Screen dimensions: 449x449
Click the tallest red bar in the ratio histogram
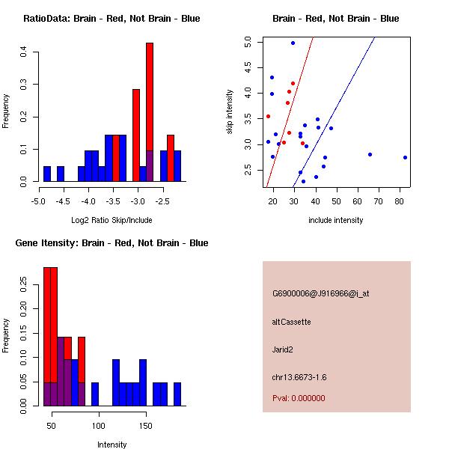(x=150, y=97)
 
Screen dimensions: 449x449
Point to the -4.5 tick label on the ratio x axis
(x=64, y=201)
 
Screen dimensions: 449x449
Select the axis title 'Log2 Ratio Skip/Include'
(x=111, y=220)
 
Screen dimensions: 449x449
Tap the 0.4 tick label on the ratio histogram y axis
(x=25, y=52)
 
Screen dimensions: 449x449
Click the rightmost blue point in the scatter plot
(x=405, y=157)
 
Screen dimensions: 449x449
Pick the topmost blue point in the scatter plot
(x=293, y=43)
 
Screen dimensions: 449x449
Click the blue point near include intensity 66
(x=370, y=154)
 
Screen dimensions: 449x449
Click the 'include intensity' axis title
(x=335, y=220)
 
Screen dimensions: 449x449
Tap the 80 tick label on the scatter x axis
(x=400, y=201)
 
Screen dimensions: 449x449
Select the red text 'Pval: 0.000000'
(x=299, y=398)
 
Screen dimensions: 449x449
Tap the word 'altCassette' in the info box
(x=291, y=322)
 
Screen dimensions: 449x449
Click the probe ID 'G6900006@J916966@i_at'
(x=320, y=293)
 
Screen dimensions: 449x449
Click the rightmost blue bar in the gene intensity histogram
(x=177, y=394)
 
